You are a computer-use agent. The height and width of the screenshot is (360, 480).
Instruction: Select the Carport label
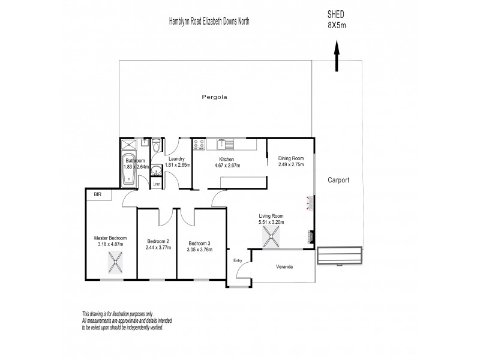pos(338,179)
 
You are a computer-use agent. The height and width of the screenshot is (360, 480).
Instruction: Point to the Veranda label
pos(284,266)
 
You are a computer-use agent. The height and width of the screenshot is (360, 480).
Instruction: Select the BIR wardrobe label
pos(97,194)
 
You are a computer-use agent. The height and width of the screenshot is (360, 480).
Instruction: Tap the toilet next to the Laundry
pos(156,145)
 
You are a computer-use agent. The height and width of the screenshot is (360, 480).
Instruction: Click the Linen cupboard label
pos(156,184)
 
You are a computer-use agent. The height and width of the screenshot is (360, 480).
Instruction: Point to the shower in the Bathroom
pos(128,144)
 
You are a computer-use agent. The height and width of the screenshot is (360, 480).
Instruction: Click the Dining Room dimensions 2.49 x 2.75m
pos(290,164)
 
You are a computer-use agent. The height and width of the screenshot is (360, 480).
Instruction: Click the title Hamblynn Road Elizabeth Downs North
pos(209,21)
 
